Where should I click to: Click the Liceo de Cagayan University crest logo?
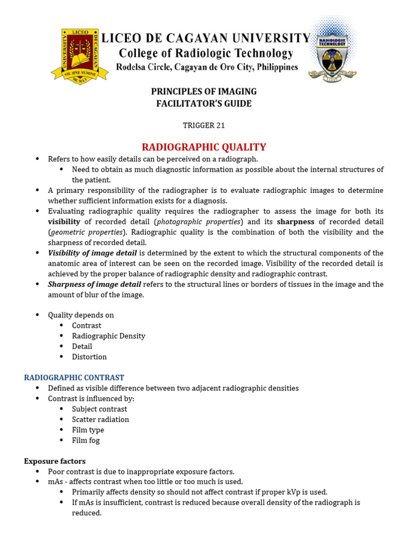74,54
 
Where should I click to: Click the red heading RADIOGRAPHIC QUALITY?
204,147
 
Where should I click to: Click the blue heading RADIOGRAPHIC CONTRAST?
74,378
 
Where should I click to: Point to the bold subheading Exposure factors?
55,461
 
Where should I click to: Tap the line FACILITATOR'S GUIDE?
204,104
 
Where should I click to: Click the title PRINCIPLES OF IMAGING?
204,91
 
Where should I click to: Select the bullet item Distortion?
89,357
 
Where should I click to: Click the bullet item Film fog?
86,440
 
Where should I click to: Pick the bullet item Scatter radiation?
100,420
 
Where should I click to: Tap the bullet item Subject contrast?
99,409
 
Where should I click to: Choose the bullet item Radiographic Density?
108,336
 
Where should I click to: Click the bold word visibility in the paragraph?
64,222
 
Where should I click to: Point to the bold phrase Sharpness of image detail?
95,284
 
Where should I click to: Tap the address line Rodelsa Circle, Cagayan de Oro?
207,67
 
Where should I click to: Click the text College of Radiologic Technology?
206,53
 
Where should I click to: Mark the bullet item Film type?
88,430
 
